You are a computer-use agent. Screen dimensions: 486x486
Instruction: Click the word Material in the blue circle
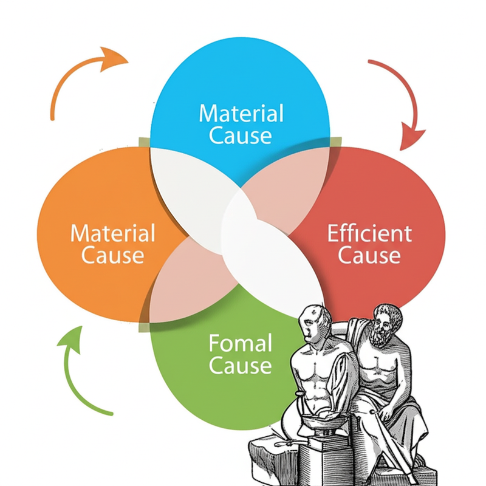(241, 113)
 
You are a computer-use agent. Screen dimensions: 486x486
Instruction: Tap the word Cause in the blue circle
(241, 135)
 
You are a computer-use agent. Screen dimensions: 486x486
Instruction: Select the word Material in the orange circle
(113, 233)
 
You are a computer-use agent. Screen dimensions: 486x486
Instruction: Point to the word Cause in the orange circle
(113, 255)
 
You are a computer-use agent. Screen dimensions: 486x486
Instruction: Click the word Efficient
(369, 233)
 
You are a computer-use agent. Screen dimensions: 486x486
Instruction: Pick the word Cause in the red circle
(369, 255)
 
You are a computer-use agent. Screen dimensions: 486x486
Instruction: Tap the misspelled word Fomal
(241, 344)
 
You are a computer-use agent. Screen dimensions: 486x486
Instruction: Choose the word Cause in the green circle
(241, 366)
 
